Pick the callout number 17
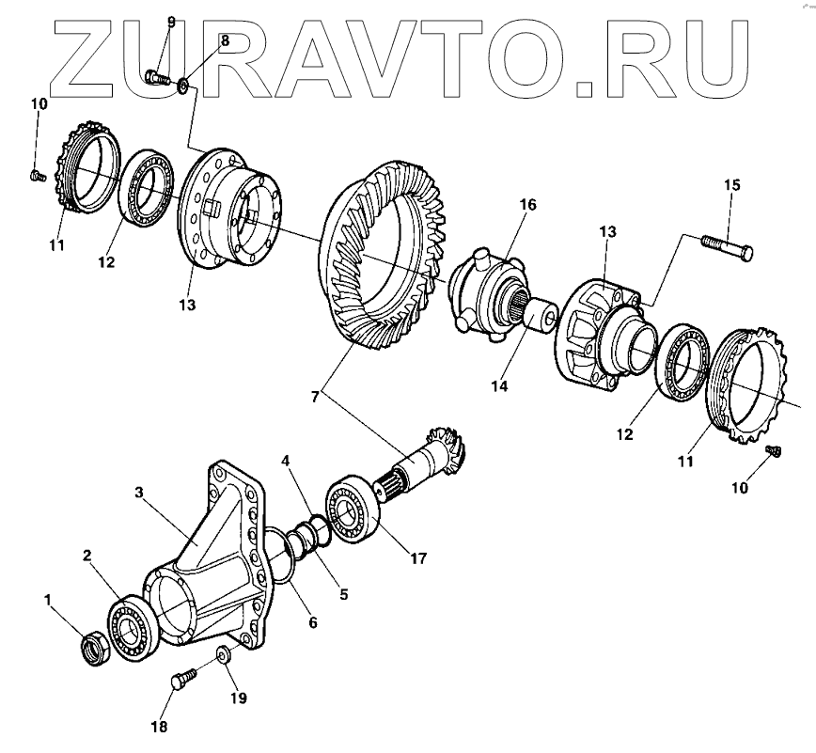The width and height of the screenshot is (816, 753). coord(417,558)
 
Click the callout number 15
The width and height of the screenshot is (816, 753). coord(732,185)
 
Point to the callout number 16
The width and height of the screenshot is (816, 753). coord(528,204)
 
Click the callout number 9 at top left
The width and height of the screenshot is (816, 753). coord(170,21)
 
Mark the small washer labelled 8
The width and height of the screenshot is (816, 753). coord(184,87)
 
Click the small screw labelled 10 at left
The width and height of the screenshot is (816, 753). coord(37,174)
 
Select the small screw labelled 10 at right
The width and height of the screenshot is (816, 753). coord(774,451)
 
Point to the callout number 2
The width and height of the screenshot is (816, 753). coord(86,557)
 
